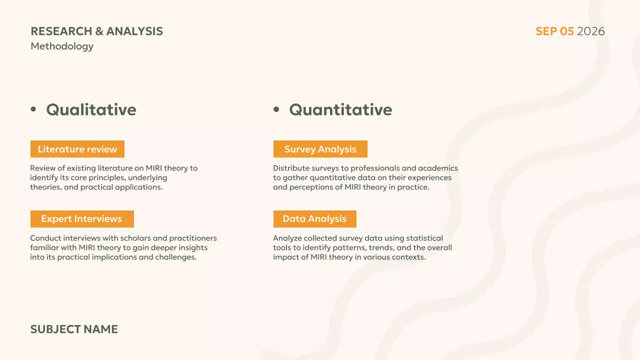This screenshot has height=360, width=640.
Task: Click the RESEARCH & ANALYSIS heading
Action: (96, 31)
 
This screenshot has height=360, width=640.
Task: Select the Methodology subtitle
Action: (62, 46)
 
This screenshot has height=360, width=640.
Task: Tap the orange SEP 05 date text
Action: (554, 31)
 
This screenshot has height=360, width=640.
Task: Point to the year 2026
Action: (590, 31)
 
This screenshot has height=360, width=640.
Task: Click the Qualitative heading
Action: (91, 109)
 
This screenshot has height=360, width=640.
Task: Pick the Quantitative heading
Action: (340, 109)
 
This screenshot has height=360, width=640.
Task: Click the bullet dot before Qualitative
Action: (33, 109)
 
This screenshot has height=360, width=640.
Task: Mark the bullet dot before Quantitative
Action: (276, 109)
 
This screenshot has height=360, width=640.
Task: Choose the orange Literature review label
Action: (77, 149)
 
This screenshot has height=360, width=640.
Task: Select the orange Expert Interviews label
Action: (81, 219)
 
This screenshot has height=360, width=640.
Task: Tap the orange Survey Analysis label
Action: (320, 149)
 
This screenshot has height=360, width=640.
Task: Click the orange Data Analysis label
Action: (314, 219)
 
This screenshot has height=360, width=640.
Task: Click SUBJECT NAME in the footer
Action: (74, 329)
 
